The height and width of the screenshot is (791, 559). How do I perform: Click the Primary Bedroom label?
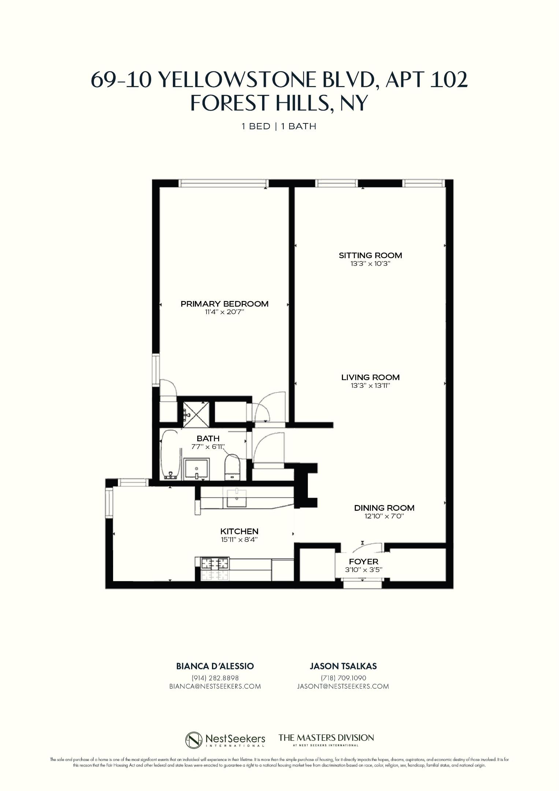[x=224, y=304]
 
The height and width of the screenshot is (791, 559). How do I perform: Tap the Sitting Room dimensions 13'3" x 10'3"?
[x=370, y=263]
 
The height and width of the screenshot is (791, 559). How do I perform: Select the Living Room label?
[x=370, y=377]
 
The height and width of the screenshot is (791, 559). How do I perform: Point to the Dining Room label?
[x=384, y=508]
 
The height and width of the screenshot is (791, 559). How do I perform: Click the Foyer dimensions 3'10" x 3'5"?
[x=364, y=569]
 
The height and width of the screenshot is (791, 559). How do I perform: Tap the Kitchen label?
[x=239, y=531]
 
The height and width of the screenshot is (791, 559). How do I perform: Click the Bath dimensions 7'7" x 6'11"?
[x=208, y=447]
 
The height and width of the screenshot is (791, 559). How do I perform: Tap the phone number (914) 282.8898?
[x=215, y=678]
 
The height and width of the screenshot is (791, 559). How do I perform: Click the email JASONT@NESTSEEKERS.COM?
[x=343, y=686]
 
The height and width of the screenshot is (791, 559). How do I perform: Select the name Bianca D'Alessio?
[x=215, y=666]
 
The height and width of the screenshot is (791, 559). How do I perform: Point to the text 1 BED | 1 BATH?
[x=279, y=126]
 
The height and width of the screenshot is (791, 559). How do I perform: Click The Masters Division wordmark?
[x=326, y=738]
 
